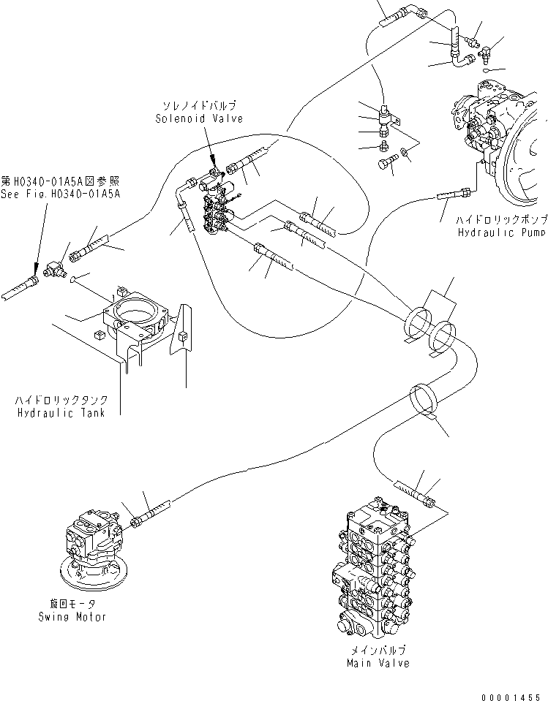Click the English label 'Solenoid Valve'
pyautogui.click(x=198, y=118)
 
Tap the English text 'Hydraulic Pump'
pyautogui.click(x=501, y=232)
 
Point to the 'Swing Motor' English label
pyautogui.click(x=73, y=617)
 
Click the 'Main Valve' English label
pyautogui.click(x=378, y=663)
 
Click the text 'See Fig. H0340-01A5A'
pyautogui.click(x=60, y=194)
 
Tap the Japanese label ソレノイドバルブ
pyautogui.click(x=198, y=107)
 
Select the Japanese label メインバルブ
pyautogui.click(x=378, y=650)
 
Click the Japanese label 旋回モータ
pyautogui.click(x=73, y=604)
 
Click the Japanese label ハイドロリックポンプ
pyautogui.click(x=501, y=219)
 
